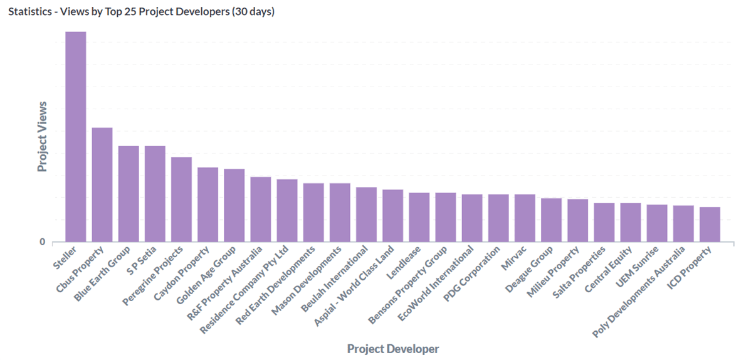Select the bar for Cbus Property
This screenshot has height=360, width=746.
102,184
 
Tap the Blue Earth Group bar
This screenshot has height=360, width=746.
129,194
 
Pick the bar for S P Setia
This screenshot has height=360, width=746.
155,194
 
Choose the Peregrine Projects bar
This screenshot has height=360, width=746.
181,199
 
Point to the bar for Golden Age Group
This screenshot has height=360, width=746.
234,205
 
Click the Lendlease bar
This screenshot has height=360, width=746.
419,217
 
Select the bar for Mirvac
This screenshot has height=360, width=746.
525,218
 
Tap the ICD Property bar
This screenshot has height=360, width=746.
710,224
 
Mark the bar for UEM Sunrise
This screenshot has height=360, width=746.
657,223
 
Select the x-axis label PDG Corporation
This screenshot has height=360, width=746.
474,276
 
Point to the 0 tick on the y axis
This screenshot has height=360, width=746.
43,242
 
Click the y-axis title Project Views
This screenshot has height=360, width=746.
42,136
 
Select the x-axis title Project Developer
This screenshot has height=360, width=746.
393,349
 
